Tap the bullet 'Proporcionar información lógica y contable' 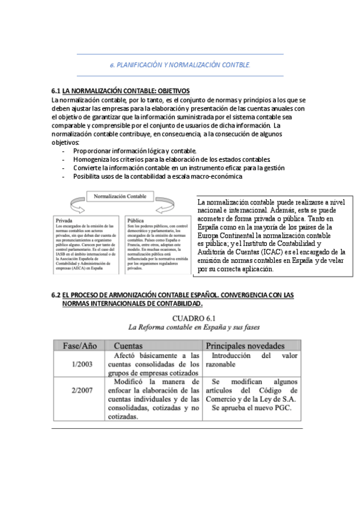tap(135, 150)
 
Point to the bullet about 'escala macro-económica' tap(157, 177)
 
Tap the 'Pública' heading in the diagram tap(135, 220)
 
